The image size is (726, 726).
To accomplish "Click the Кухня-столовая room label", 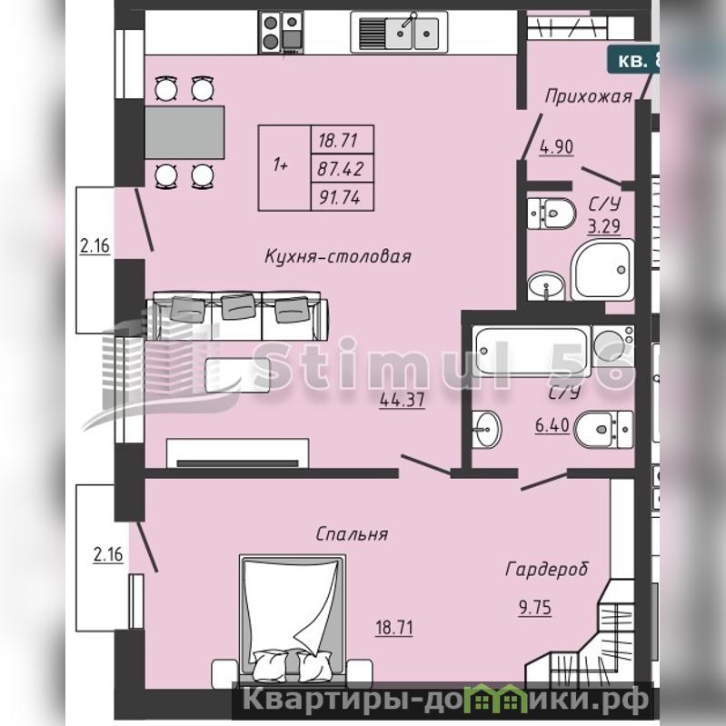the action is click(x=337, y=256).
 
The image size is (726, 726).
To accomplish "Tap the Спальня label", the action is click(x=352, y=534).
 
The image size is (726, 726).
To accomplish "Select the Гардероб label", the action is click(x=547, y=570).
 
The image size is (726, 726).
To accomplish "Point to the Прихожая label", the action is click(x=588, y=96).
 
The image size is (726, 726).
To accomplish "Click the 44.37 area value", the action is click(x=402, y=400).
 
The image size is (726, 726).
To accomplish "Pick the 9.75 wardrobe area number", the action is click(x=535, y=608).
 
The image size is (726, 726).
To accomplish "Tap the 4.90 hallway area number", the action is click(x=556, y=147).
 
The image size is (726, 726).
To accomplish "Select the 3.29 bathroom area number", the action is click(x=604, y=227).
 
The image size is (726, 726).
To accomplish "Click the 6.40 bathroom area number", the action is click(x=552, y=425).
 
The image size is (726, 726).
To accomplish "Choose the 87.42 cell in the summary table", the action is click(x=343, y=169).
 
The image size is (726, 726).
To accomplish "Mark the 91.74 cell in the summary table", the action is click(x=343, y=197).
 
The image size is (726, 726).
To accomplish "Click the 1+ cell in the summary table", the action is click(x=284, y=167).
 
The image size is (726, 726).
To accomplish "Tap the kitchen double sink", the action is click(x=399, y=33).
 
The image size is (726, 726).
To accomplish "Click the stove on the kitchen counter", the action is click(x=281, y=32).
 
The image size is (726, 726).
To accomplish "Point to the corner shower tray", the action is click(x=602, y=270).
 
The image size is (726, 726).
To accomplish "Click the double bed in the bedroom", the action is click(x=293, y=619).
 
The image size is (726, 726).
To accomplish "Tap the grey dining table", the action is click(x=184, y=133).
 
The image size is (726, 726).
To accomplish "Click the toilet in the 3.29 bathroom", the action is click(x=552, y=214).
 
